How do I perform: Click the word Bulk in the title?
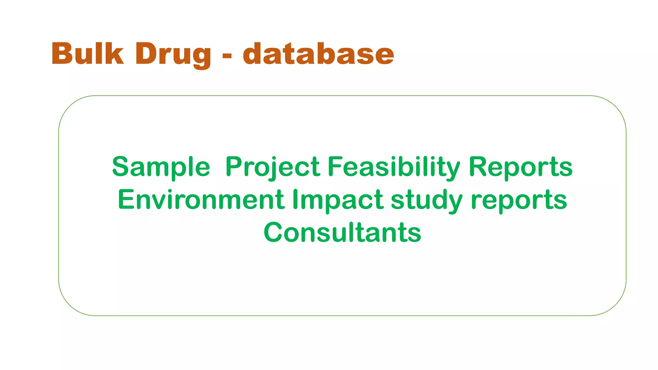87,54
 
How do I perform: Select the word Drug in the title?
173,55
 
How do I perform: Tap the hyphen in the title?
227,56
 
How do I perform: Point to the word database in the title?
318,54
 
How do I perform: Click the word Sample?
161,167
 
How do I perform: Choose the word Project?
273,167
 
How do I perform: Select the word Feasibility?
394,167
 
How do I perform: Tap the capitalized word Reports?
520,167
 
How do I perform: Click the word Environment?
201,200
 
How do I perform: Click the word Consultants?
342,232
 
